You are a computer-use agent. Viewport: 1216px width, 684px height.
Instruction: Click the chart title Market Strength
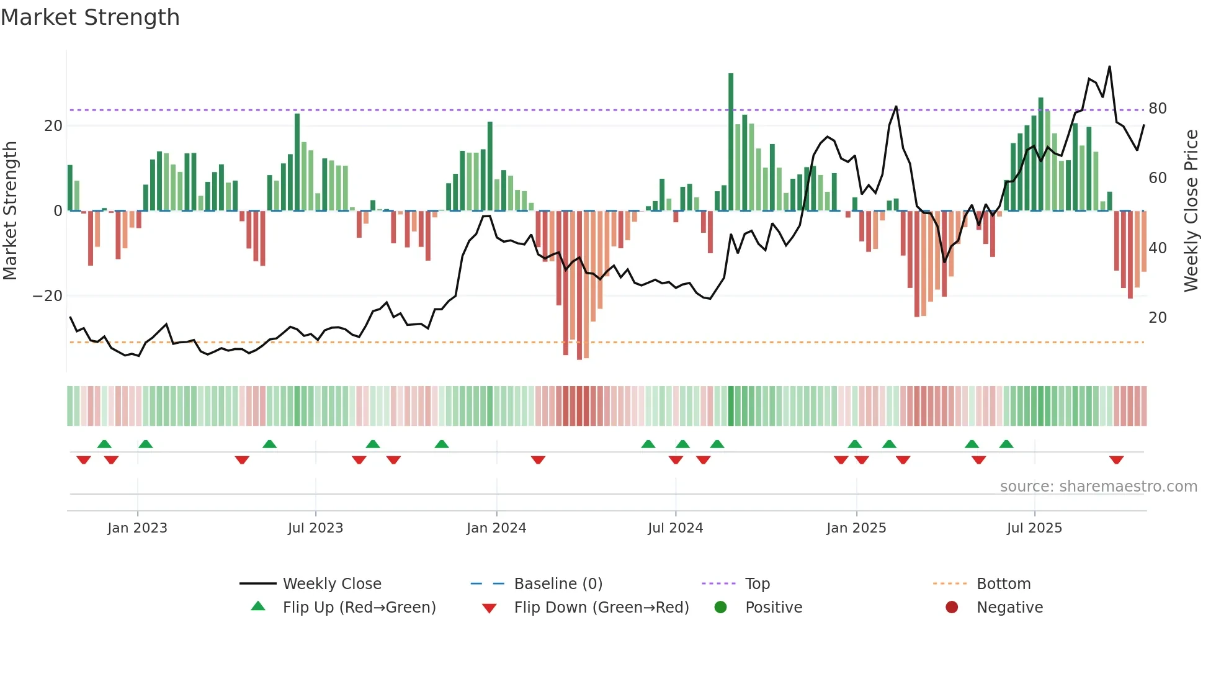(x=90, y=17)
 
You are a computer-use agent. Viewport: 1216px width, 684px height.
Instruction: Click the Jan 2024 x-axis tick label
(x=496, y=528)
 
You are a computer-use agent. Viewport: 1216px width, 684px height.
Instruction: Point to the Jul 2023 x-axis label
(x=315, y=528)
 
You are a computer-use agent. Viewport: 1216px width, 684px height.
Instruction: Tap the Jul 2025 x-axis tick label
(x=1034, y=528)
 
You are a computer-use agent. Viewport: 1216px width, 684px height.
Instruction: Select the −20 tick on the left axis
(x=48, y=296)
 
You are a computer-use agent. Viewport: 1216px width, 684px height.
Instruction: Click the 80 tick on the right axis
(x=1157, y=109)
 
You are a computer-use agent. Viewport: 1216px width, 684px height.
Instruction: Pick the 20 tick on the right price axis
(x=1157, y=318)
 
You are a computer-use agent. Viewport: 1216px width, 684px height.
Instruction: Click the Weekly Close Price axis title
(x=1191, y=211)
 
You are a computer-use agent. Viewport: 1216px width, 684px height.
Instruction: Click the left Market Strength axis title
(x=10, y=211)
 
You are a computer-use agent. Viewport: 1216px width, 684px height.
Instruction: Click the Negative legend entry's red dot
(x=951, y=608)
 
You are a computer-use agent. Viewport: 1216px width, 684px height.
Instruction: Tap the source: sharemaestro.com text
(x=1098, y=487)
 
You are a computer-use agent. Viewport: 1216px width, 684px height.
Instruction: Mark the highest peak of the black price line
(x=1109, y=67)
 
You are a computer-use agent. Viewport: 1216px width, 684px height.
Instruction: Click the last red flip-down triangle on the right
(x=1116, y=460)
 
